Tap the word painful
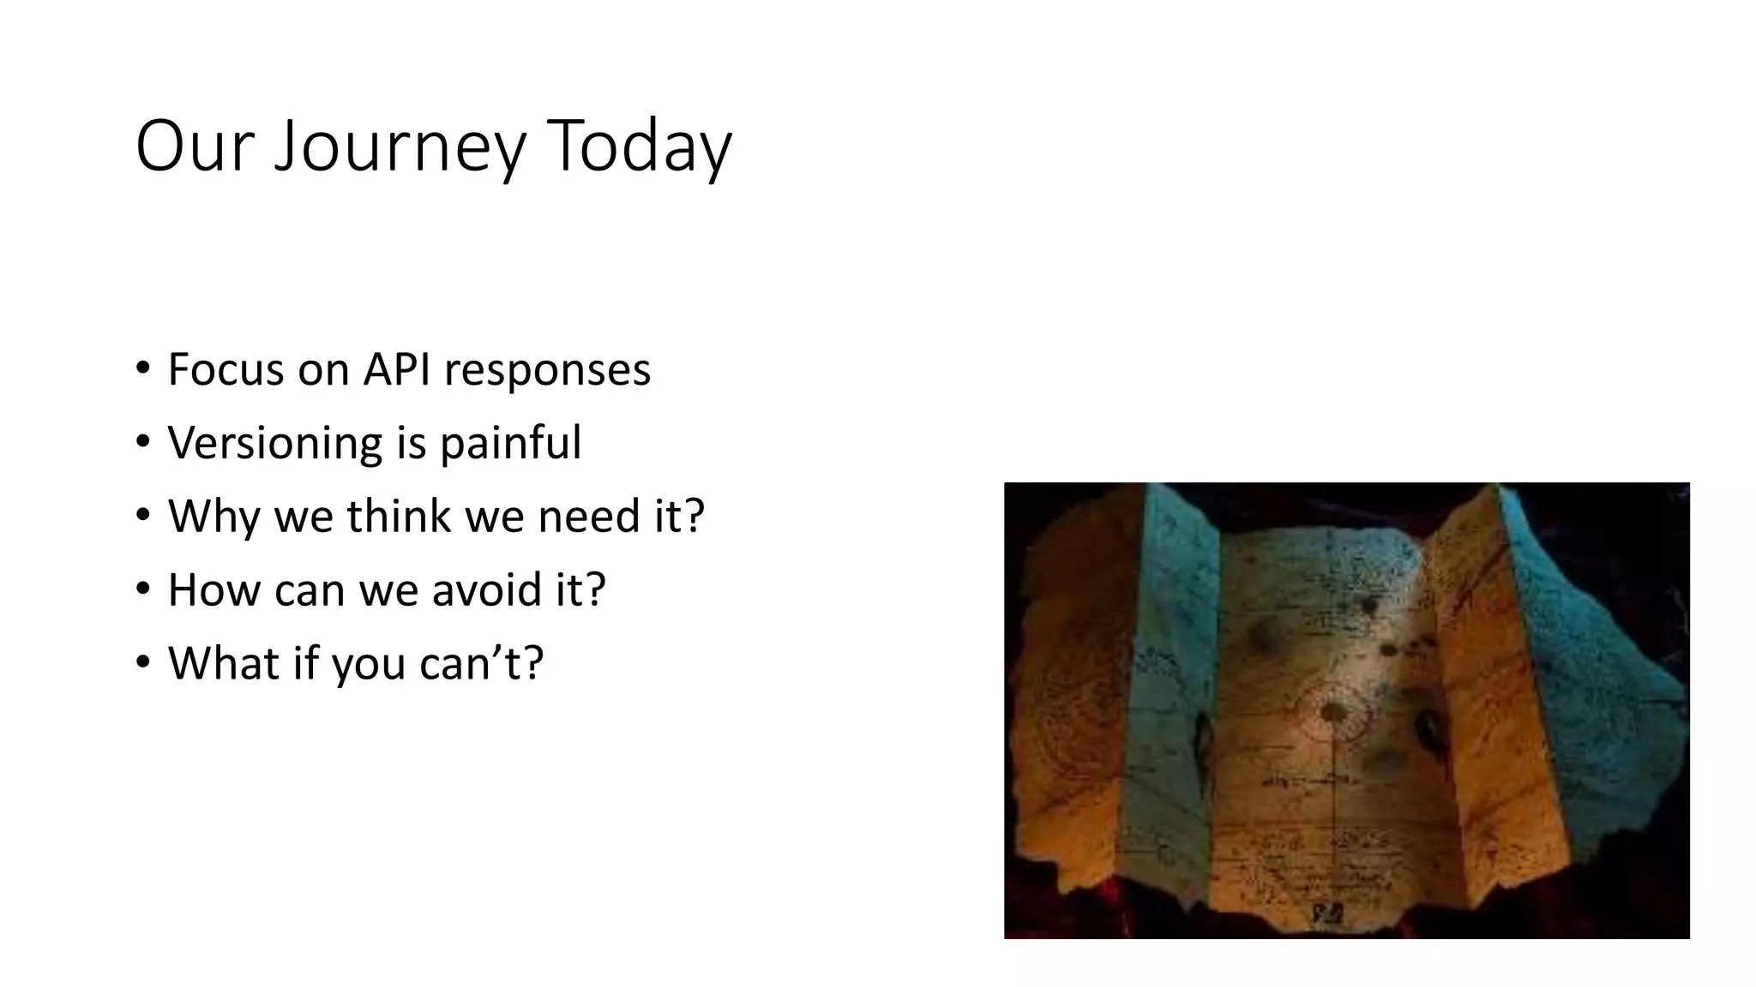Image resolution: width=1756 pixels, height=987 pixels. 511,444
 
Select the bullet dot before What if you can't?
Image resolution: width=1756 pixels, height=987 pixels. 143,662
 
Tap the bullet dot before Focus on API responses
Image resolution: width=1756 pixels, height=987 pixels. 143,369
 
